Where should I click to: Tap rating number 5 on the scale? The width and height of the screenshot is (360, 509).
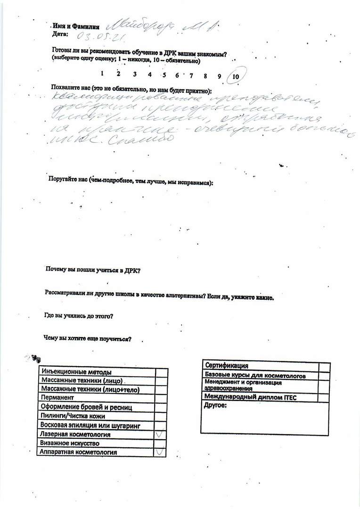(x=164, y=74)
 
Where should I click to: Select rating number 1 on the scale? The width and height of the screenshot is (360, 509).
(x=102, y=73)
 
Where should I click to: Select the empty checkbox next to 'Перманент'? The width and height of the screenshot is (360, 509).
(x=161, y=398)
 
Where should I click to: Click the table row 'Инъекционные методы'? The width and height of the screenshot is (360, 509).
(x=76, y=372)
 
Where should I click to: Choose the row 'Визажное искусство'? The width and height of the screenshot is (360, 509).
(x=69, y=443)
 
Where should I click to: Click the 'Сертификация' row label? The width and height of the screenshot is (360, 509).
(x=227, y=366)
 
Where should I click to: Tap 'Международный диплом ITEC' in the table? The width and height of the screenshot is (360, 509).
(x=250, y=397)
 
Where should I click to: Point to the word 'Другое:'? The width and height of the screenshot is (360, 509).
(x=215, y=405)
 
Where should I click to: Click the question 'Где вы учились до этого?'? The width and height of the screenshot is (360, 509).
(x=78, y=316)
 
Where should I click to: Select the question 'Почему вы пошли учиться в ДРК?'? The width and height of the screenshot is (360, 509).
(x=93, y=271)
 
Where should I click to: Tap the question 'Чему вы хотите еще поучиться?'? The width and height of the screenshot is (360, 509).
(x=87, y=338)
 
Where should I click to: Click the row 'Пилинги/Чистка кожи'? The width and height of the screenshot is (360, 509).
(x=73, y=416)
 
